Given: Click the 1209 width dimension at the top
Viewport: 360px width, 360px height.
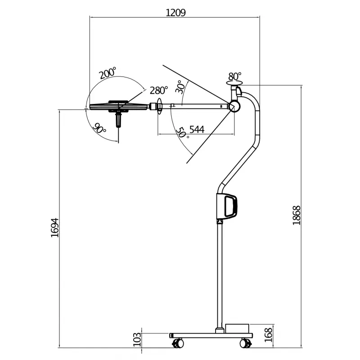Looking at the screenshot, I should (175, 12).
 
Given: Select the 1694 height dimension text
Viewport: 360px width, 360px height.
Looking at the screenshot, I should (55, 228).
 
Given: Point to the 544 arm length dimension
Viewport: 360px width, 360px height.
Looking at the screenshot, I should (197, 130).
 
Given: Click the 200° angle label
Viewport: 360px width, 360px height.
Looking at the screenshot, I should (108, 73).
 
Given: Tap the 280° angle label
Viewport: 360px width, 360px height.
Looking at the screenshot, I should (159, 90).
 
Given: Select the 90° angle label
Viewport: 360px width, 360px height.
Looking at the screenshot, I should (99, 128).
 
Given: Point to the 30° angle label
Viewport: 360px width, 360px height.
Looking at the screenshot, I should (180, 87).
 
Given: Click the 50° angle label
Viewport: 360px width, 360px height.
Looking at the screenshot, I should (181, 133).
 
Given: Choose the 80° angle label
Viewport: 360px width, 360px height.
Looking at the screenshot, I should (235, 76).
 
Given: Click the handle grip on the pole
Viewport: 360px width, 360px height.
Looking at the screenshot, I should (231, 206).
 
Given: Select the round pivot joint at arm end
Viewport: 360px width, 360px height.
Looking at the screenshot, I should (234, 107).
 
